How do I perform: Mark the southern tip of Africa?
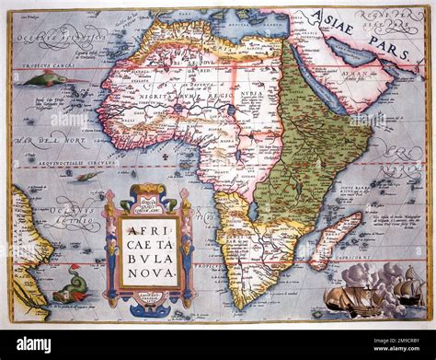(241, 305)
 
